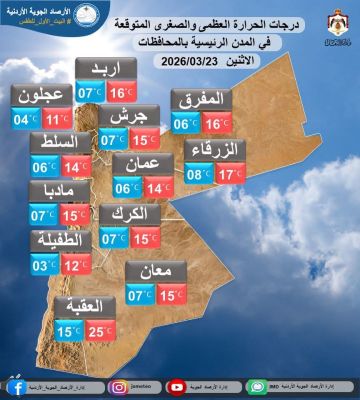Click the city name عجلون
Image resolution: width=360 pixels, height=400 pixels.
pos(40,97)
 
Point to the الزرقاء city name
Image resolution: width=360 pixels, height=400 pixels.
pos(215,152)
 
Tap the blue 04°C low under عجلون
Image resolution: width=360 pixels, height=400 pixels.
pos(24,120)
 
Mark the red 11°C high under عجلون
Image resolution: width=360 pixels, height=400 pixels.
pos(56,120)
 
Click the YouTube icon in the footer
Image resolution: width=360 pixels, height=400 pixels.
pos(178,386)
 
